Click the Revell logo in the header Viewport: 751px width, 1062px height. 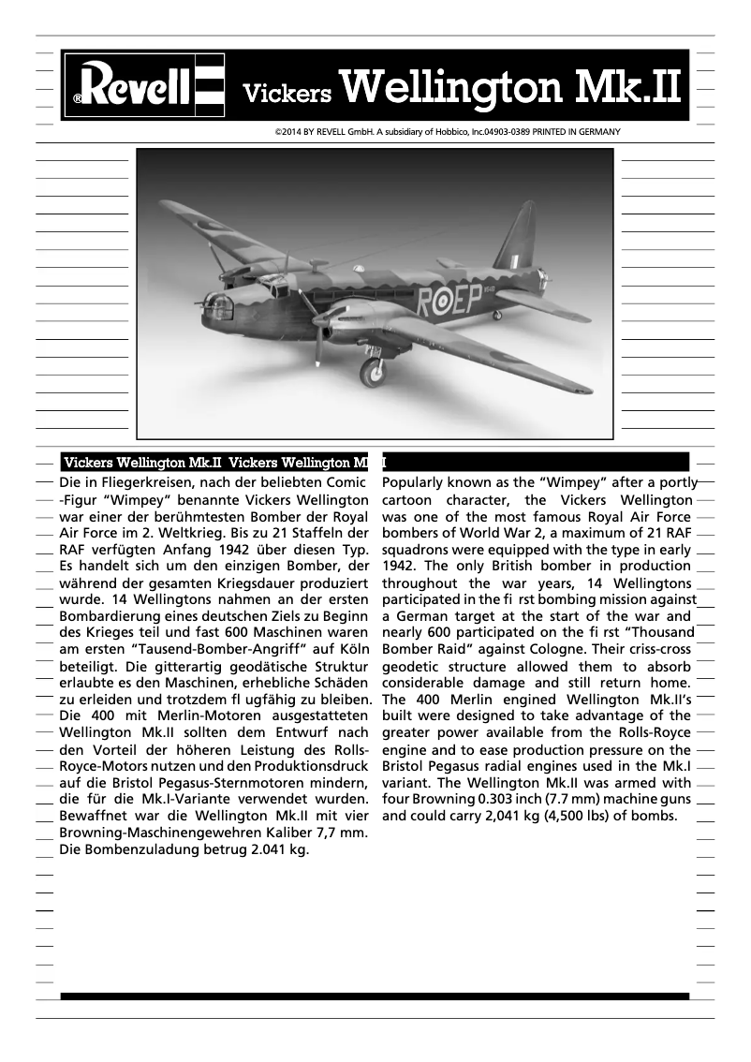(144, 86)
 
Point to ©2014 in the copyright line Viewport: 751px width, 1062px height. (288, 132)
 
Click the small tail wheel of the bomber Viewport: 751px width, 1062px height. (497, 315)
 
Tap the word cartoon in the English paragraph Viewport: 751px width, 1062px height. (412, 500)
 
